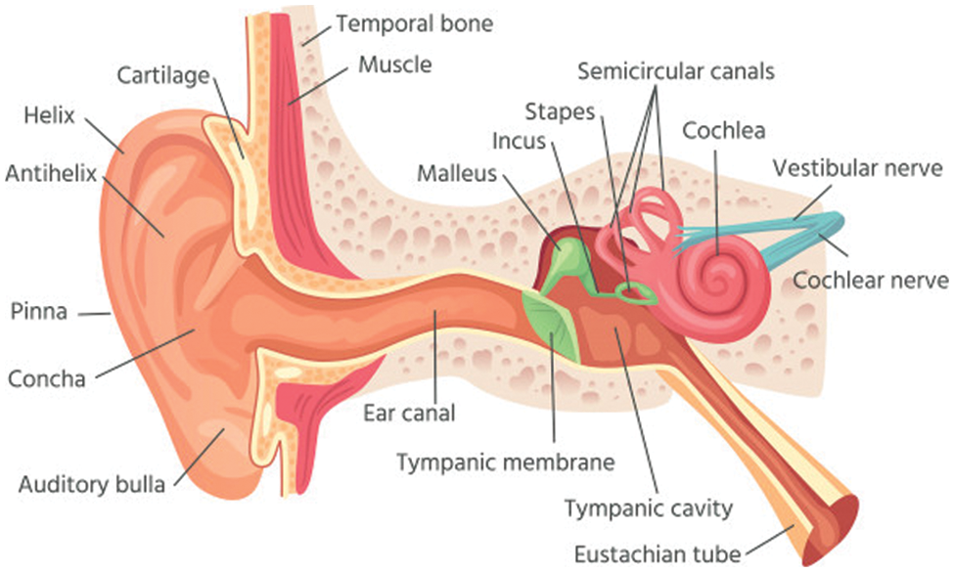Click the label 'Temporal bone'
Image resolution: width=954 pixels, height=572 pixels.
[x=414, y=22]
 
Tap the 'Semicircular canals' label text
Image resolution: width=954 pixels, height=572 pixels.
[x=675, y=71]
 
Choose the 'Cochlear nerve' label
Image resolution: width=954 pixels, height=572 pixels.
[x=871, y=281]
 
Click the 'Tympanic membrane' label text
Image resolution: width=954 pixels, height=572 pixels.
[x=505, y=461]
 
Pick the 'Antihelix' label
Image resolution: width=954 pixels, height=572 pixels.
[x=51, y=175]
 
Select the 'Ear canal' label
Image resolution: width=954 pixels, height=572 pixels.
[x=409, y=413]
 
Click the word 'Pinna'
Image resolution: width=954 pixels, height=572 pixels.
[x=38, y=312]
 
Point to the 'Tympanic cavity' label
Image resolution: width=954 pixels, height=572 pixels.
[x=649, y=508]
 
